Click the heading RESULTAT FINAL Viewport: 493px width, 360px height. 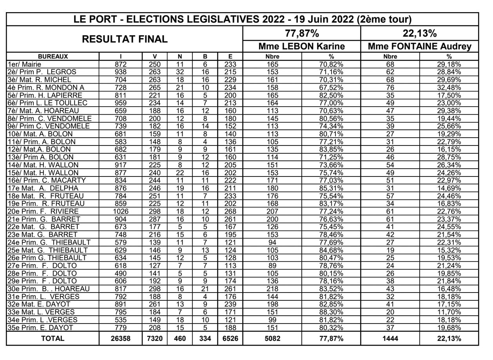125,39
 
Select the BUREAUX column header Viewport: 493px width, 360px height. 53,56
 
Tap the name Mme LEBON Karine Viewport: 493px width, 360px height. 301,47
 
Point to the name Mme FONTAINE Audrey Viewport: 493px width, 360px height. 419,47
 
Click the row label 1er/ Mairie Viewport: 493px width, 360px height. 24,64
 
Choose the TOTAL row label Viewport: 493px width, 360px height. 53,338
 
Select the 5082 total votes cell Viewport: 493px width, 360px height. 272,338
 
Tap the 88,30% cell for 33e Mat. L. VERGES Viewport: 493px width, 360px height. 331,312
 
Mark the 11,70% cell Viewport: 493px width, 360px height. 449,312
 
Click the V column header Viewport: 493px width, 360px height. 155,56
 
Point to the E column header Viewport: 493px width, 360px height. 230,56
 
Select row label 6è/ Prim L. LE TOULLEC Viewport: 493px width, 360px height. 47,103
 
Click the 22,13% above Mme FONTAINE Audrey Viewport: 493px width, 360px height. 419,33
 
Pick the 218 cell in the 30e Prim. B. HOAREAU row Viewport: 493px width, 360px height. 272,289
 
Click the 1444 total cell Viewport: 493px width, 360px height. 390,338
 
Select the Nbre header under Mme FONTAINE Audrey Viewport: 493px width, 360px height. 390,56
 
